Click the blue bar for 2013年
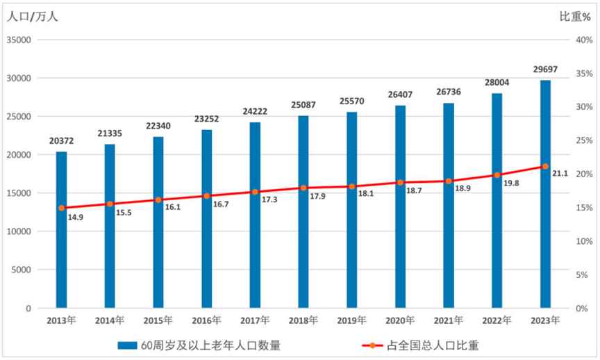click(62, 229)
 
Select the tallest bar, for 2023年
click(545, 194)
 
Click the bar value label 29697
click(545, 69)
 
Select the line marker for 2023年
click(545, 167)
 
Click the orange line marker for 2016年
click(207, 196)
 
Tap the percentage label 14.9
click(76, 218)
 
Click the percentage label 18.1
click(366, 194)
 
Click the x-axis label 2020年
click(401, 320)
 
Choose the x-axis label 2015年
click(159, 320)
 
